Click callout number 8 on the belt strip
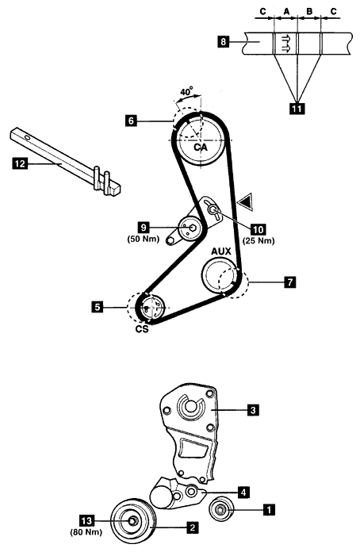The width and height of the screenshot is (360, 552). click(x=223, y=42)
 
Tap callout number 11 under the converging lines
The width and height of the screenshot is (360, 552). click(x=297, y=109)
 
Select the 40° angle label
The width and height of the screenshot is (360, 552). click(x=187, y=91)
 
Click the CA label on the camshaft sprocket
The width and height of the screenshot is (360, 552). click(x=201, y=148)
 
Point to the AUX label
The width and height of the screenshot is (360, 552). click(x=221, y=251)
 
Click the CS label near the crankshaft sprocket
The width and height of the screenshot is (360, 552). click(x=142, y=329)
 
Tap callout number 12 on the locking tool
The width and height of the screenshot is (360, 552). click(x=20, y=163)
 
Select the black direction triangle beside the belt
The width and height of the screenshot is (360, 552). click(x=246, y=202)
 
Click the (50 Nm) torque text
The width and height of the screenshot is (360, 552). click(x=144, y=239)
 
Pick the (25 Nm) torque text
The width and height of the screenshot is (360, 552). click(x=259, y=241)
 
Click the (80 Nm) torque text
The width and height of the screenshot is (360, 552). click(x=86, y=532)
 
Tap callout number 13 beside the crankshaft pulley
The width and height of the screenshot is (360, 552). click(x=86, y=520)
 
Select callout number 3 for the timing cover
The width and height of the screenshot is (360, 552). click(x=254, y=410)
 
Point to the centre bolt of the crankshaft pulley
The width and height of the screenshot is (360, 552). click(x=132, y=521)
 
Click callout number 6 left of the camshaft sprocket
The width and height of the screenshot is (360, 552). click(x=131, y=121)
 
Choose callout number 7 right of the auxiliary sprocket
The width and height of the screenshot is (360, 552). click(x=290, y=282)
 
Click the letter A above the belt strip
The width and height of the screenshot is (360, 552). click(x=286, y=12)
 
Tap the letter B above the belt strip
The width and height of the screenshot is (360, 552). click(x=309, y=12)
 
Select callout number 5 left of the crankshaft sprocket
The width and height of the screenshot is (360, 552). click(x=98, y=307)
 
